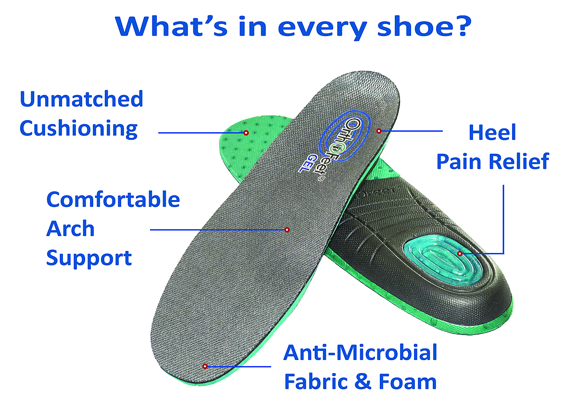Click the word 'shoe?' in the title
click(x=424, y=26)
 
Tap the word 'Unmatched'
click(x=81, y=99)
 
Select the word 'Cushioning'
click(x=78, y=129)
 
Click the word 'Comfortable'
click(x=113, y=200)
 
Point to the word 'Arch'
click(x=70, y=229)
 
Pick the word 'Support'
click(x=89, y=259)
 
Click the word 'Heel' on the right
click(x=492, y=132)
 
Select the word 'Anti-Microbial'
click(x=360, y=353)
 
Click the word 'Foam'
click(x=408, y=382)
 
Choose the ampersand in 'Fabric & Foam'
click(x=363, y=382)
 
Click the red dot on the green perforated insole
click(x=246, y=133)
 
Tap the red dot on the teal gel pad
click(x=460, y=254)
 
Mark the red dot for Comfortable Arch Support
click(x=287, y=230)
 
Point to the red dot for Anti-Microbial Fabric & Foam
click(x=205, y=366)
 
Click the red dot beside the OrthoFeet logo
click(x=379, y=131)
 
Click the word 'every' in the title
click(x=322, y=28)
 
